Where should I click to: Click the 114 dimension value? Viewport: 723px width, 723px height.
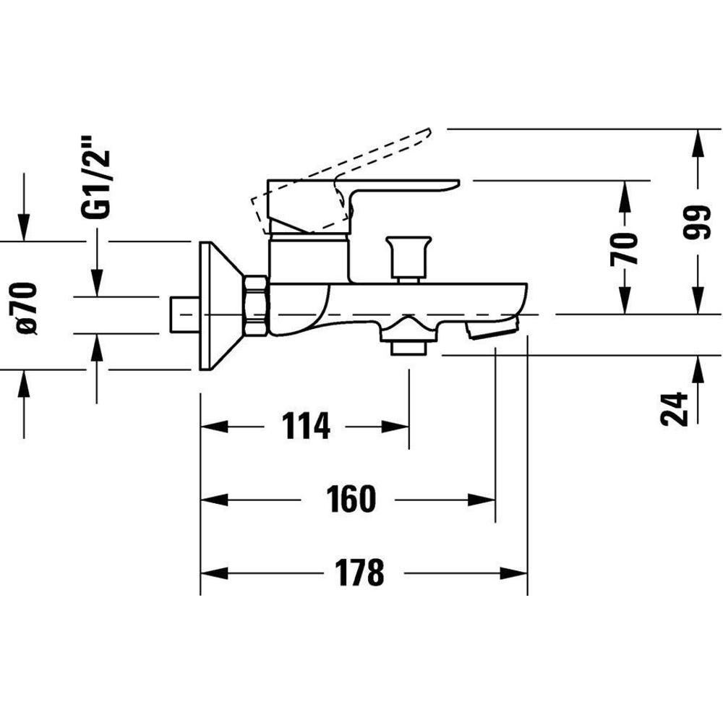pos(306,426)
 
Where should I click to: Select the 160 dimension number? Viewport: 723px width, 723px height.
pos(351,498)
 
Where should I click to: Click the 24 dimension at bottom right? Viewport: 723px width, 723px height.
pos(674,409)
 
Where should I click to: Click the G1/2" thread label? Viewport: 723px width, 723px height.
pos(95,176)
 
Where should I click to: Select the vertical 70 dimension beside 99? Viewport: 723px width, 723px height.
pos(623,249)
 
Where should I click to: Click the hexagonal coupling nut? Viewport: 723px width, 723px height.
pos(255,305)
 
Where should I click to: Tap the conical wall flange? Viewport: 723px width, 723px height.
pos(221,305)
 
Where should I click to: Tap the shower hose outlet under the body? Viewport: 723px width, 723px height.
pos(408,337)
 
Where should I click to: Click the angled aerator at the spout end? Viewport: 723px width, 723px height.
pos(492,328)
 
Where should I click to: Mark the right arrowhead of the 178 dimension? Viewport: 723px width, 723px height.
pos(513,573)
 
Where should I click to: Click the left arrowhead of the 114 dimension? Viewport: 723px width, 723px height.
pos(215,427)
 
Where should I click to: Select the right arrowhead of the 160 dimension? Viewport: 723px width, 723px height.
pos(482,500)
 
